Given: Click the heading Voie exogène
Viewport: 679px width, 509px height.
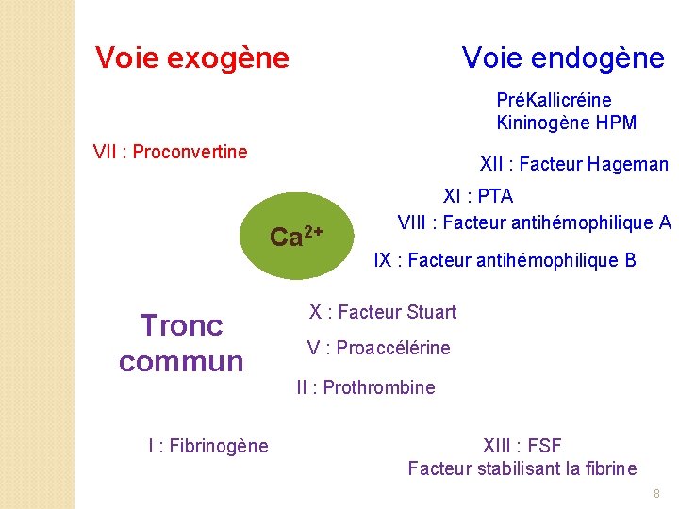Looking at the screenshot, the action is pos(191,58).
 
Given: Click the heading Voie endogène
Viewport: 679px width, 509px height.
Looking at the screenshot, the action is pos(563,58).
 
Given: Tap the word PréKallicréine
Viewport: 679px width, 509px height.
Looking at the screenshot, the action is pos(554,100).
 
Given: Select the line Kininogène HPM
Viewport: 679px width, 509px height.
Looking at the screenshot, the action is pos(566,123).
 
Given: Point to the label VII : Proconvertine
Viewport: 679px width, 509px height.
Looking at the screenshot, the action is pos(171,152).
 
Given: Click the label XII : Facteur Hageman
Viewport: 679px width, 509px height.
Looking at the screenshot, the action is pos(573,165).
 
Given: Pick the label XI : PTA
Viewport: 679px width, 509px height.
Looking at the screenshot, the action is pos(478,197).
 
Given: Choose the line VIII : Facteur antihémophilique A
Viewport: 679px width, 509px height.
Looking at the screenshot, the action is pos(534,222).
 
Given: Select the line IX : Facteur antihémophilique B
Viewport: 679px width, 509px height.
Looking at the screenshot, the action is pos(505,260).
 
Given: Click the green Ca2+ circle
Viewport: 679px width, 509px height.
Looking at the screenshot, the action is pos(297,236).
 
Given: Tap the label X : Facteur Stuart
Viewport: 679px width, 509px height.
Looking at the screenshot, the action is pos(382,312).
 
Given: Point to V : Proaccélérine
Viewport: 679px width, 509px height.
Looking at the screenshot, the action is pos(378,348).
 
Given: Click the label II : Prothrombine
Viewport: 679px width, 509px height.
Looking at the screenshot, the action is pos(365,387).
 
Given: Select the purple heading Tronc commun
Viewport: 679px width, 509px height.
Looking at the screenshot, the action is pos(181,343).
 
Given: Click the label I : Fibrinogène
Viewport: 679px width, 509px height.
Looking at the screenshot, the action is pos(207,446).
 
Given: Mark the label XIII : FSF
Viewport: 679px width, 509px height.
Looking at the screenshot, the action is pos(522,446).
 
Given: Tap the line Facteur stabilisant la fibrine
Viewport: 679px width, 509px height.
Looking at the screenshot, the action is pos(522,468).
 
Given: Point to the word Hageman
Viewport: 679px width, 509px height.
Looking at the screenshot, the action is pos(629,165).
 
